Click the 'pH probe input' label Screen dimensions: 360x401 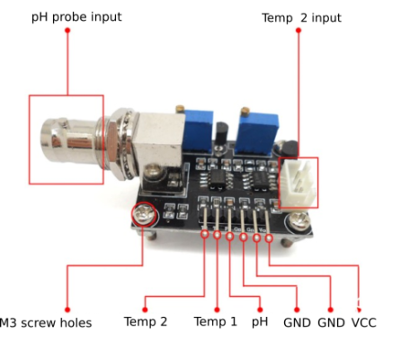pos(76,17)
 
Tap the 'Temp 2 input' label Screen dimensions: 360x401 pos(301,17)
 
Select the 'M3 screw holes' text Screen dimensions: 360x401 pos(47,322)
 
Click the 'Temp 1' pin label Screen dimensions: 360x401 pos(216,321)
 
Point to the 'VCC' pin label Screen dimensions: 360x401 pos(363,321)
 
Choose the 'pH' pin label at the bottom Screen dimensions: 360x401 pos(260,321)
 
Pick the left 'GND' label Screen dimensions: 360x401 pos(296,321)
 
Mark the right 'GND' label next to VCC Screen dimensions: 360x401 pos(330,321)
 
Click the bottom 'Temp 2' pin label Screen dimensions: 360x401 pos(146,321)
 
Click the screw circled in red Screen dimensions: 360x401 pos(144,214)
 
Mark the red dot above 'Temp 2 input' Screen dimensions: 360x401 pos(298,33)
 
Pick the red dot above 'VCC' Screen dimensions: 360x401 pos(360,303)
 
